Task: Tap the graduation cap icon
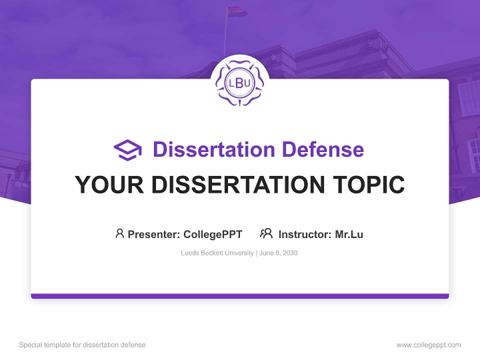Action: click(127, 150)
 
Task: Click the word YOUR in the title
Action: click(109, 185)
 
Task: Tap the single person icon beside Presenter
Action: click(119, 233)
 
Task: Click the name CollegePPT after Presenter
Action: click(213, 234)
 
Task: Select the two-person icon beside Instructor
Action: click(266, 233)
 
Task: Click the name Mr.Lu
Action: click(349, 234)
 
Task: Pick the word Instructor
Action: click(304, 234)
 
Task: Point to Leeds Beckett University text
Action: click(217, 253)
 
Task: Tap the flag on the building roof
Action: click(236, 11)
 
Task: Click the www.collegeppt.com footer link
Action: click(428, 345)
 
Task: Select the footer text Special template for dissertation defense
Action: click(82, 345)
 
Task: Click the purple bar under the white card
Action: click(239, 296)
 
